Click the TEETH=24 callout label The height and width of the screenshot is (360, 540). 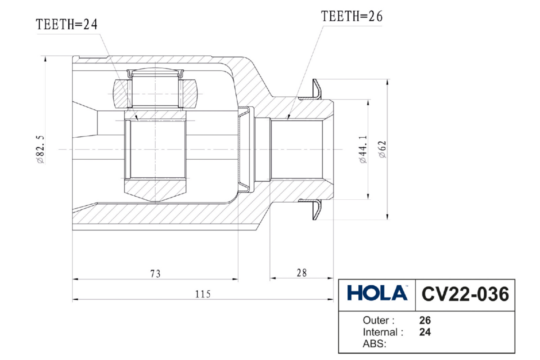[x=66, y=25]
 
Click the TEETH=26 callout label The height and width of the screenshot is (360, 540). [x=351, y=17]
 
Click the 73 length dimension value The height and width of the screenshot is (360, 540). [x=155, y=273]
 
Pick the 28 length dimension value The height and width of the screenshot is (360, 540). [x=302, y=273]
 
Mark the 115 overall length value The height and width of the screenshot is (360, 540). [x=202, y=294]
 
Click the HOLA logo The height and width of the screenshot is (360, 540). [x=377, y=294]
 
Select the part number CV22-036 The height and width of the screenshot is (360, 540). [x=465, y=294]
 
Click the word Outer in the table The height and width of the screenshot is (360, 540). [x=378, y=320]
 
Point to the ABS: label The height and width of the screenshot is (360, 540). [x=374, y=344]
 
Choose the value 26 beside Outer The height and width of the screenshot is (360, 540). [x=425, y=320]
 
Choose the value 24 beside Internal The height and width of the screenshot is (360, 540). [x=425, y=333]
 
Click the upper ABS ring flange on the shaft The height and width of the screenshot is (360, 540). [x=317, y=88]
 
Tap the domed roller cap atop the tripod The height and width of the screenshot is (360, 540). [x=155, y=71]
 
